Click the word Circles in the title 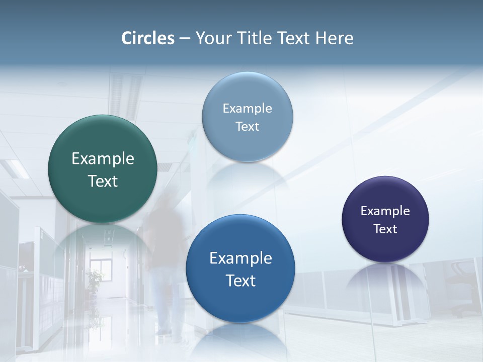148,38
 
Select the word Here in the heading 335,38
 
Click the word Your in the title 212,38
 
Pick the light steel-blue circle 248,146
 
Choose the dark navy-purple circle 385,246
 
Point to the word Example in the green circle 103,159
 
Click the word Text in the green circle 103,181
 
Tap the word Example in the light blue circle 248,109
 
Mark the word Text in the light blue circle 248,127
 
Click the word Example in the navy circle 385,211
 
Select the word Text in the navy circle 385,229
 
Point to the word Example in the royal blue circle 240,258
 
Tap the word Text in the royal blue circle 240,281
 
